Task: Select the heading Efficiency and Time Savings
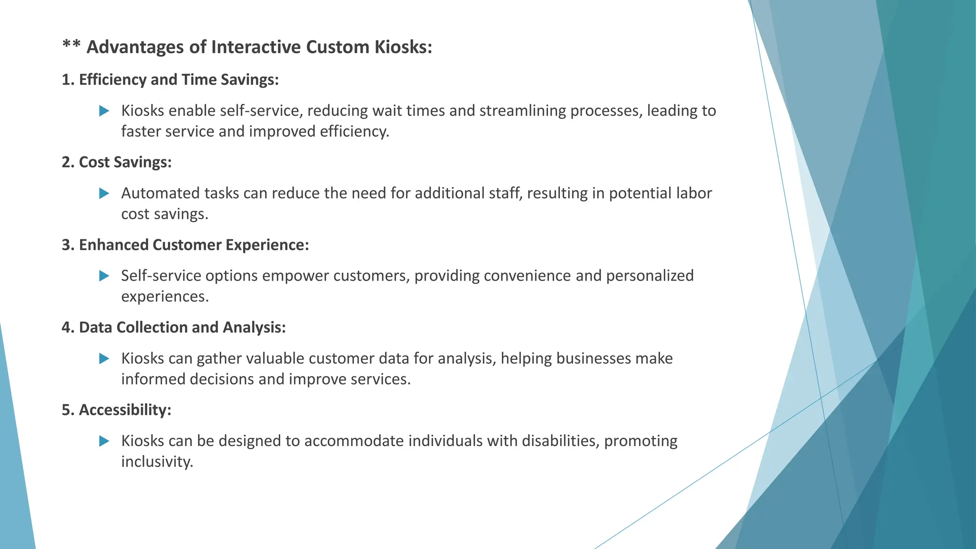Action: point(170,80)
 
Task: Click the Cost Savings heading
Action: point(117,162)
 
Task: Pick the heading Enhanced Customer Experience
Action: point(185,245)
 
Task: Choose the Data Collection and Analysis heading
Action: point(173,327)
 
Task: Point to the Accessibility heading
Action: point(116,410)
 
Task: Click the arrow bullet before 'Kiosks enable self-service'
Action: point(104,111)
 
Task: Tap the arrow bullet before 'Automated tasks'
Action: point(104,193)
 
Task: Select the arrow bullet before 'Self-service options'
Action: point(104,276)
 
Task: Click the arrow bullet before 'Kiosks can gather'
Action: point(104,358)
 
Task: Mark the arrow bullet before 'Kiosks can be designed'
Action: point(104,441)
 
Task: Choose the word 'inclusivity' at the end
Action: point(157,462)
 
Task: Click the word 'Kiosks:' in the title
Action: point(403,47)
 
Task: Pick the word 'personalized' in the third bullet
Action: point(650,276)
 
